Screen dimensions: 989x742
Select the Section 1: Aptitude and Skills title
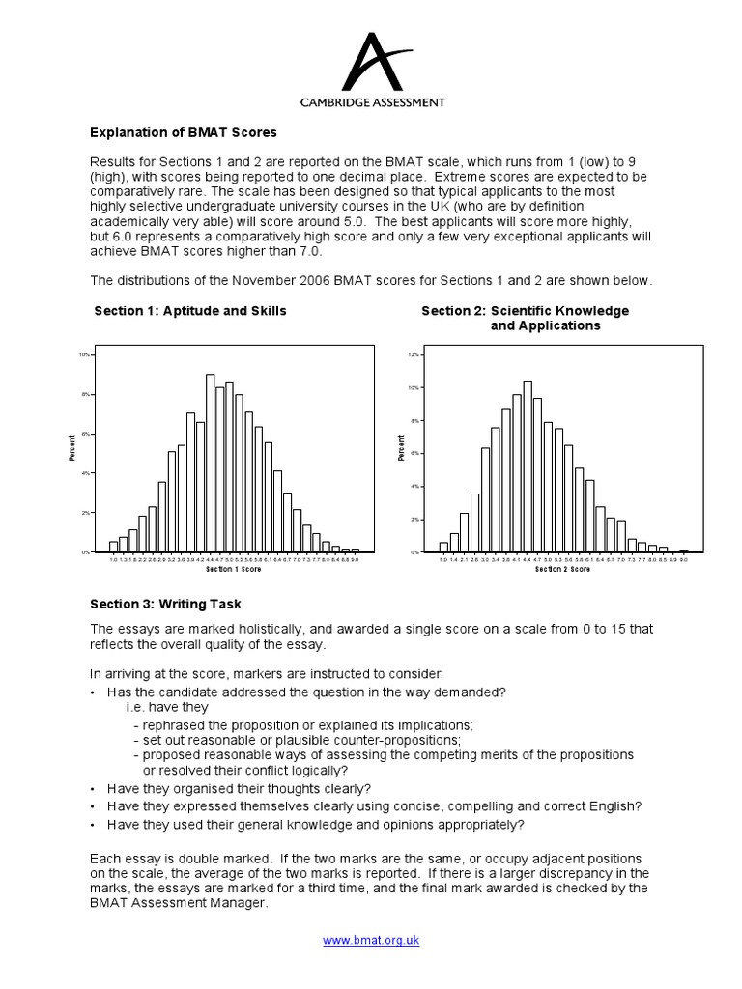190,311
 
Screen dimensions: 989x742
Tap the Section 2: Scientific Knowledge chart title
525,311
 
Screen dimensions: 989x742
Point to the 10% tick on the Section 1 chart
84,355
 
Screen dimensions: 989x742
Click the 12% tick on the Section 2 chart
413,354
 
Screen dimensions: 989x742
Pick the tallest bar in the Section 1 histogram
210,463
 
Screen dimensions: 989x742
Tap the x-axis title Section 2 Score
562,569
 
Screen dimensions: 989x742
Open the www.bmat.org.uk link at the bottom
371,940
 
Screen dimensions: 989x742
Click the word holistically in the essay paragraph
265,629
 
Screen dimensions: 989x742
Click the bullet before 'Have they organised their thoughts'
93,788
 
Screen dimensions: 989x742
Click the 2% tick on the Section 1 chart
84,513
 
